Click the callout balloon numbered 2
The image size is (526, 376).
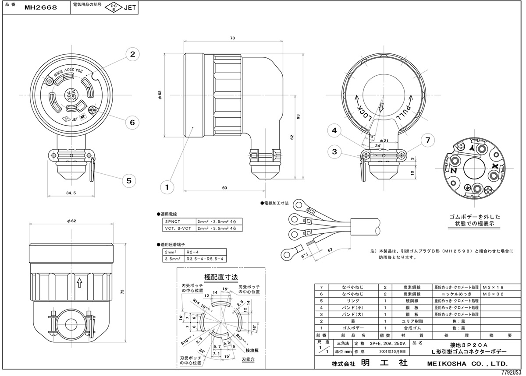(x=132, y=54)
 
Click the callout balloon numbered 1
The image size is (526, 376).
(x=167, y=187)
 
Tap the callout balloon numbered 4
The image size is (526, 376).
(x=334, y=130)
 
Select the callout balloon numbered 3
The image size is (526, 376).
(x=334, y=152)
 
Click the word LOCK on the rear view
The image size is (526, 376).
(x=364, y=112)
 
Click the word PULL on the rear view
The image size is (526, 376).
(x=404, y=112)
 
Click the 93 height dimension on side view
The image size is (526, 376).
(x=299, y=116)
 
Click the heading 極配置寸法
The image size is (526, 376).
(x=221, y=277)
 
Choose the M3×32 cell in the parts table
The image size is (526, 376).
(x=493, y=294)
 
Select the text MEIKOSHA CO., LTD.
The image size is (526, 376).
(x=467, y=363)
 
